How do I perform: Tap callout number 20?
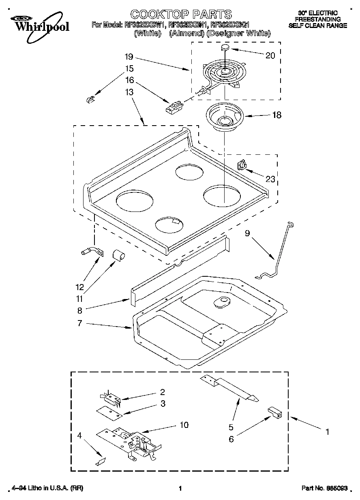[270, 56]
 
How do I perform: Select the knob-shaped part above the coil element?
[225, 48]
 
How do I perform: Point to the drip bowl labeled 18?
[224, 118]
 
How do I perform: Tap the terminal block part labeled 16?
[174, 107]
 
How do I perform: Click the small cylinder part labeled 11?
[118, 256]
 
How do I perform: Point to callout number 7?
[80, 323]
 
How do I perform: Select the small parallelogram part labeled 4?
[101, 461]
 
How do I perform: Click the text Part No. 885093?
[324, 489]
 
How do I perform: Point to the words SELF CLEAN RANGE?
[317, 25]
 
